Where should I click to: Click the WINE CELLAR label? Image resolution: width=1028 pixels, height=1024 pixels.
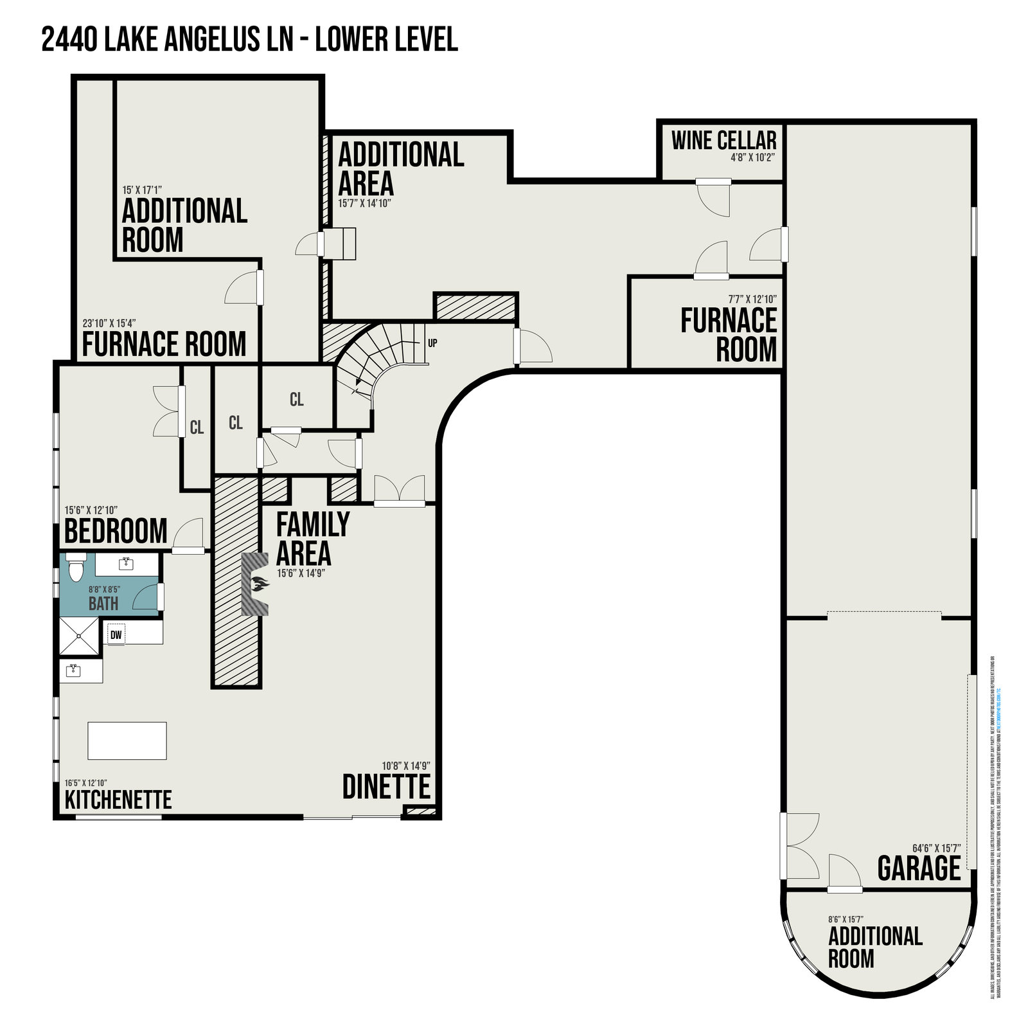[723, 140]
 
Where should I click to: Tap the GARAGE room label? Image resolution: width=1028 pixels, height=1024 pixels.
[919, 868]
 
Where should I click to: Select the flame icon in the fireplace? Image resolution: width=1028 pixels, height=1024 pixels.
[260, 585]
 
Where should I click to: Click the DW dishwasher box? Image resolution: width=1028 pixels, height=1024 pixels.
[116, 635]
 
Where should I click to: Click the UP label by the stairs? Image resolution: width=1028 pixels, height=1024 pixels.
[432, 343]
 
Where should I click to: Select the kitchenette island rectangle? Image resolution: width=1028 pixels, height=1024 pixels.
[127, 741]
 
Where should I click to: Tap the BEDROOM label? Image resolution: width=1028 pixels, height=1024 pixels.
[116, 531]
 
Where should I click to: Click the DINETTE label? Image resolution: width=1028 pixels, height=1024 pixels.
[385, 787]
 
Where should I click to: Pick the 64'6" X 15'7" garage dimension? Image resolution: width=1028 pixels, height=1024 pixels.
[936, 848]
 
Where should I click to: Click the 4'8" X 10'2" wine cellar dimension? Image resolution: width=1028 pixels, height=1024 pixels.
[753, 157]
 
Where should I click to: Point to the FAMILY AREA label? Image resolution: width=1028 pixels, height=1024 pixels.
[312, 539]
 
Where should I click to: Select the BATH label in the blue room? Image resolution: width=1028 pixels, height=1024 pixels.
[103, 604]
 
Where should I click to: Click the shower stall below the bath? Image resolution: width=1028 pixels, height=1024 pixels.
[79, 636]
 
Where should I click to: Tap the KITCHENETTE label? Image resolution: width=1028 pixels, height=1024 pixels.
[118, 800]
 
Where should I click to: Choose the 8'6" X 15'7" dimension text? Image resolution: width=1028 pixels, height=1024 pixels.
[854, 920]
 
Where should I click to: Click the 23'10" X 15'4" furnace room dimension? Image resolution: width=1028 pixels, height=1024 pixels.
[109, 323]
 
